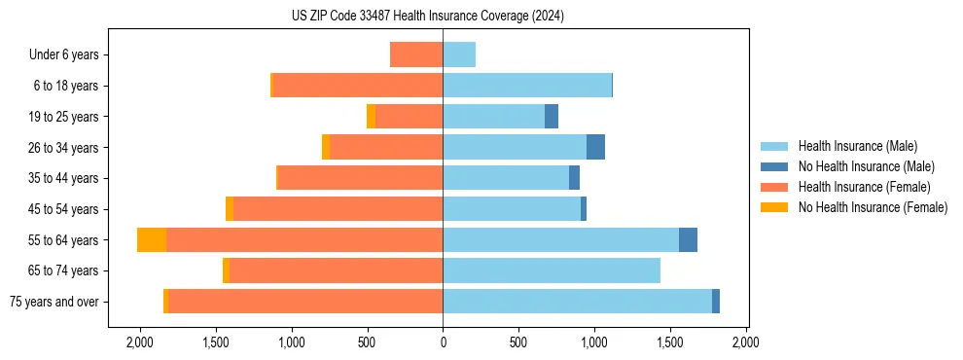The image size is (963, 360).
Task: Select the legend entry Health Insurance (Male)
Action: [x=857, y=146]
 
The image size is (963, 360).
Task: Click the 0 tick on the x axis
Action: [x=443, y=342]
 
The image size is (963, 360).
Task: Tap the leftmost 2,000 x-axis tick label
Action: [x=140, y=342]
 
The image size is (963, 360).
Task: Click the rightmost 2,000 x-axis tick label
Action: [x=746, y=342]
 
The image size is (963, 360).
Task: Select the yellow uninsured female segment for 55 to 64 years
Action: [x=152, y=240]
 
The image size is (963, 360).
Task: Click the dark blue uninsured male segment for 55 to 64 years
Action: [x=688, y=240]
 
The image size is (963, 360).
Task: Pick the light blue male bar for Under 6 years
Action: [x=459, y=55]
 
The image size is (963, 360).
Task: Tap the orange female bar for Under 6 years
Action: [x=416, y=55]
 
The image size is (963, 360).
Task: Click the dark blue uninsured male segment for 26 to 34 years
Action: [x=595, y=148]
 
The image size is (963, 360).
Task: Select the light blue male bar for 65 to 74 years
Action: [x=552, y=270]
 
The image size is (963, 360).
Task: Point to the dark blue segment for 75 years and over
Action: [x=716, y=302]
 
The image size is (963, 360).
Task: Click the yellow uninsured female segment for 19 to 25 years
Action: [x=371, y=117]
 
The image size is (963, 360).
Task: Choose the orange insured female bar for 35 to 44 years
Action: [x=360, y=178]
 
